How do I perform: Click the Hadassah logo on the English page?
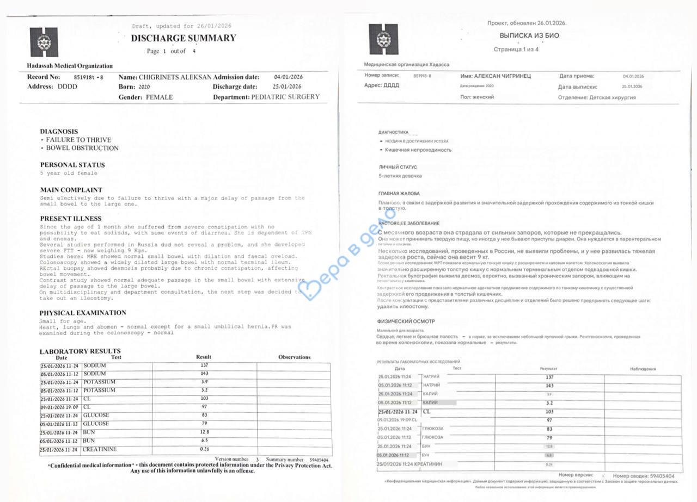(x=43, y=43)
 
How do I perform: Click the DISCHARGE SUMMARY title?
(x=184, y=38)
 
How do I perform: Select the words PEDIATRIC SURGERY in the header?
(x=285, y=97)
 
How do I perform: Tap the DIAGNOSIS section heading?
(x=59, y=132)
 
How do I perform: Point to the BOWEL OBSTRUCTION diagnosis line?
(x=82, y=148)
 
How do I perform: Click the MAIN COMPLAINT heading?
(x=71, y=190)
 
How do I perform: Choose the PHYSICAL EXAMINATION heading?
(x=83, y=313)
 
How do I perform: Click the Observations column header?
(x=294, y=357)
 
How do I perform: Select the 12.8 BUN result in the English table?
(x=204, y=432)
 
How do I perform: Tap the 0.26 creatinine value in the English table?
(x=204, y=449)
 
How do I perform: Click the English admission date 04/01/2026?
(x=288, y=77)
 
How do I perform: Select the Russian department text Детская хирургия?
(x=613, y=98)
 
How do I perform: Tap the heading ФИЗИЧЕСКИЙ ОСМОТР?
(x=406, y=321)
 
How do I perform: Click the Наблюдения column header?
(x=643, y=369)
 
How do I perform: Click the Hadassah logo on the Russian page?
(x=383, y=39)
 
